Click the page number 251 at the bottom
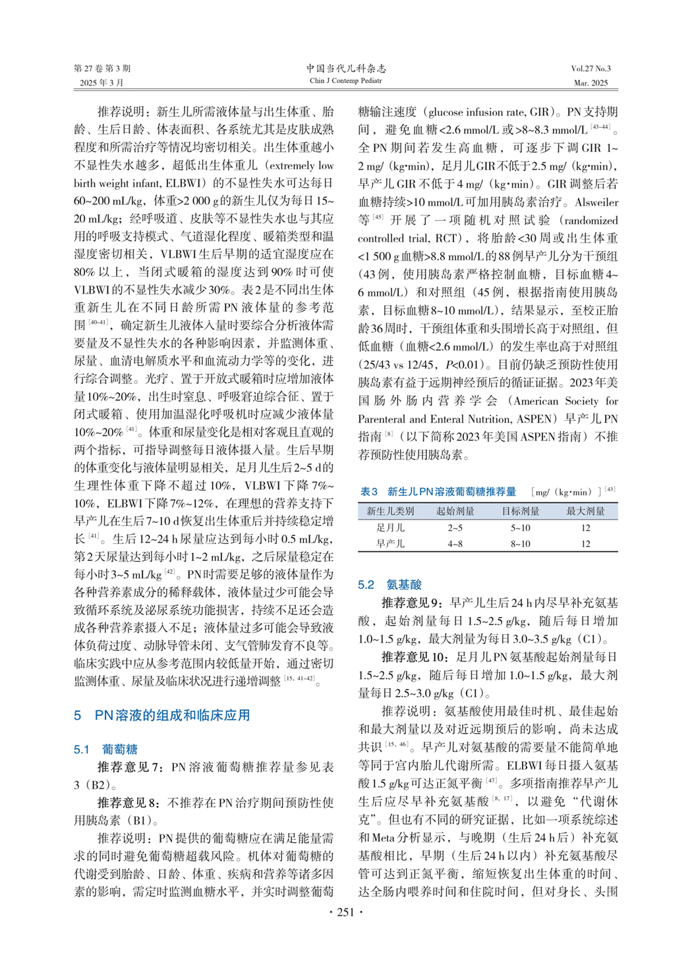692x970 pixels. coord(345,912)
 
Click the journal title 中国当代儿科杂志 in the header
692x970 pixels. coord(346,68)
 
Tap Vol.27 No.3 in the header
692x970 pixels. coord(591,68)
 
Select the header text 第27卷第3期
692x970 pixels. coord(102,68)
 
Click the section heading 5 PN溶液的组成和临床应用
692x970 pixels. coord(162,715)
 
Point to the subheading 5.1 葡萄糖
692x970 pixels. coord(105,749)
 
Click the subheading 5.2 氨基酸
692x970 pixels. coord(389,585)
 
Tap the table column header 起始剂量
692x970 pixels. coord(455,511)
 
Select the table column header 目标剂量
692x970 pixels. coord(520,511)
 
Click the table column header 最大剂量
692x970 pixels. coord(585,511)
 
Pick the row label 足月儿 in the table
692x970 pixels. coord(390,527)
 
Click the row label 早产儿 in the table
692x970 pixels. coord(390,544)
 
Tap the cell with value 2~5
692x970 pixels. coord(455,527)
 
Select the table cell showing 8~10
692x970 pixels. coord(520,544)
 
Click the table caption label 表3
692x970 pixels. coord(369,492)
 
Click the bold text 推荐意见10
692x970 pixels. coord(415,657)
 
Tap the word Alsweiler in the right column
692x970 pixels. coord(596,202)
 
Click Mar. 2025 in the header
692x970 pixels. coord(591,83)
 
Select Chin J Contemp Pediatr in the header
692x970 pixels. coord(346,81)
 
